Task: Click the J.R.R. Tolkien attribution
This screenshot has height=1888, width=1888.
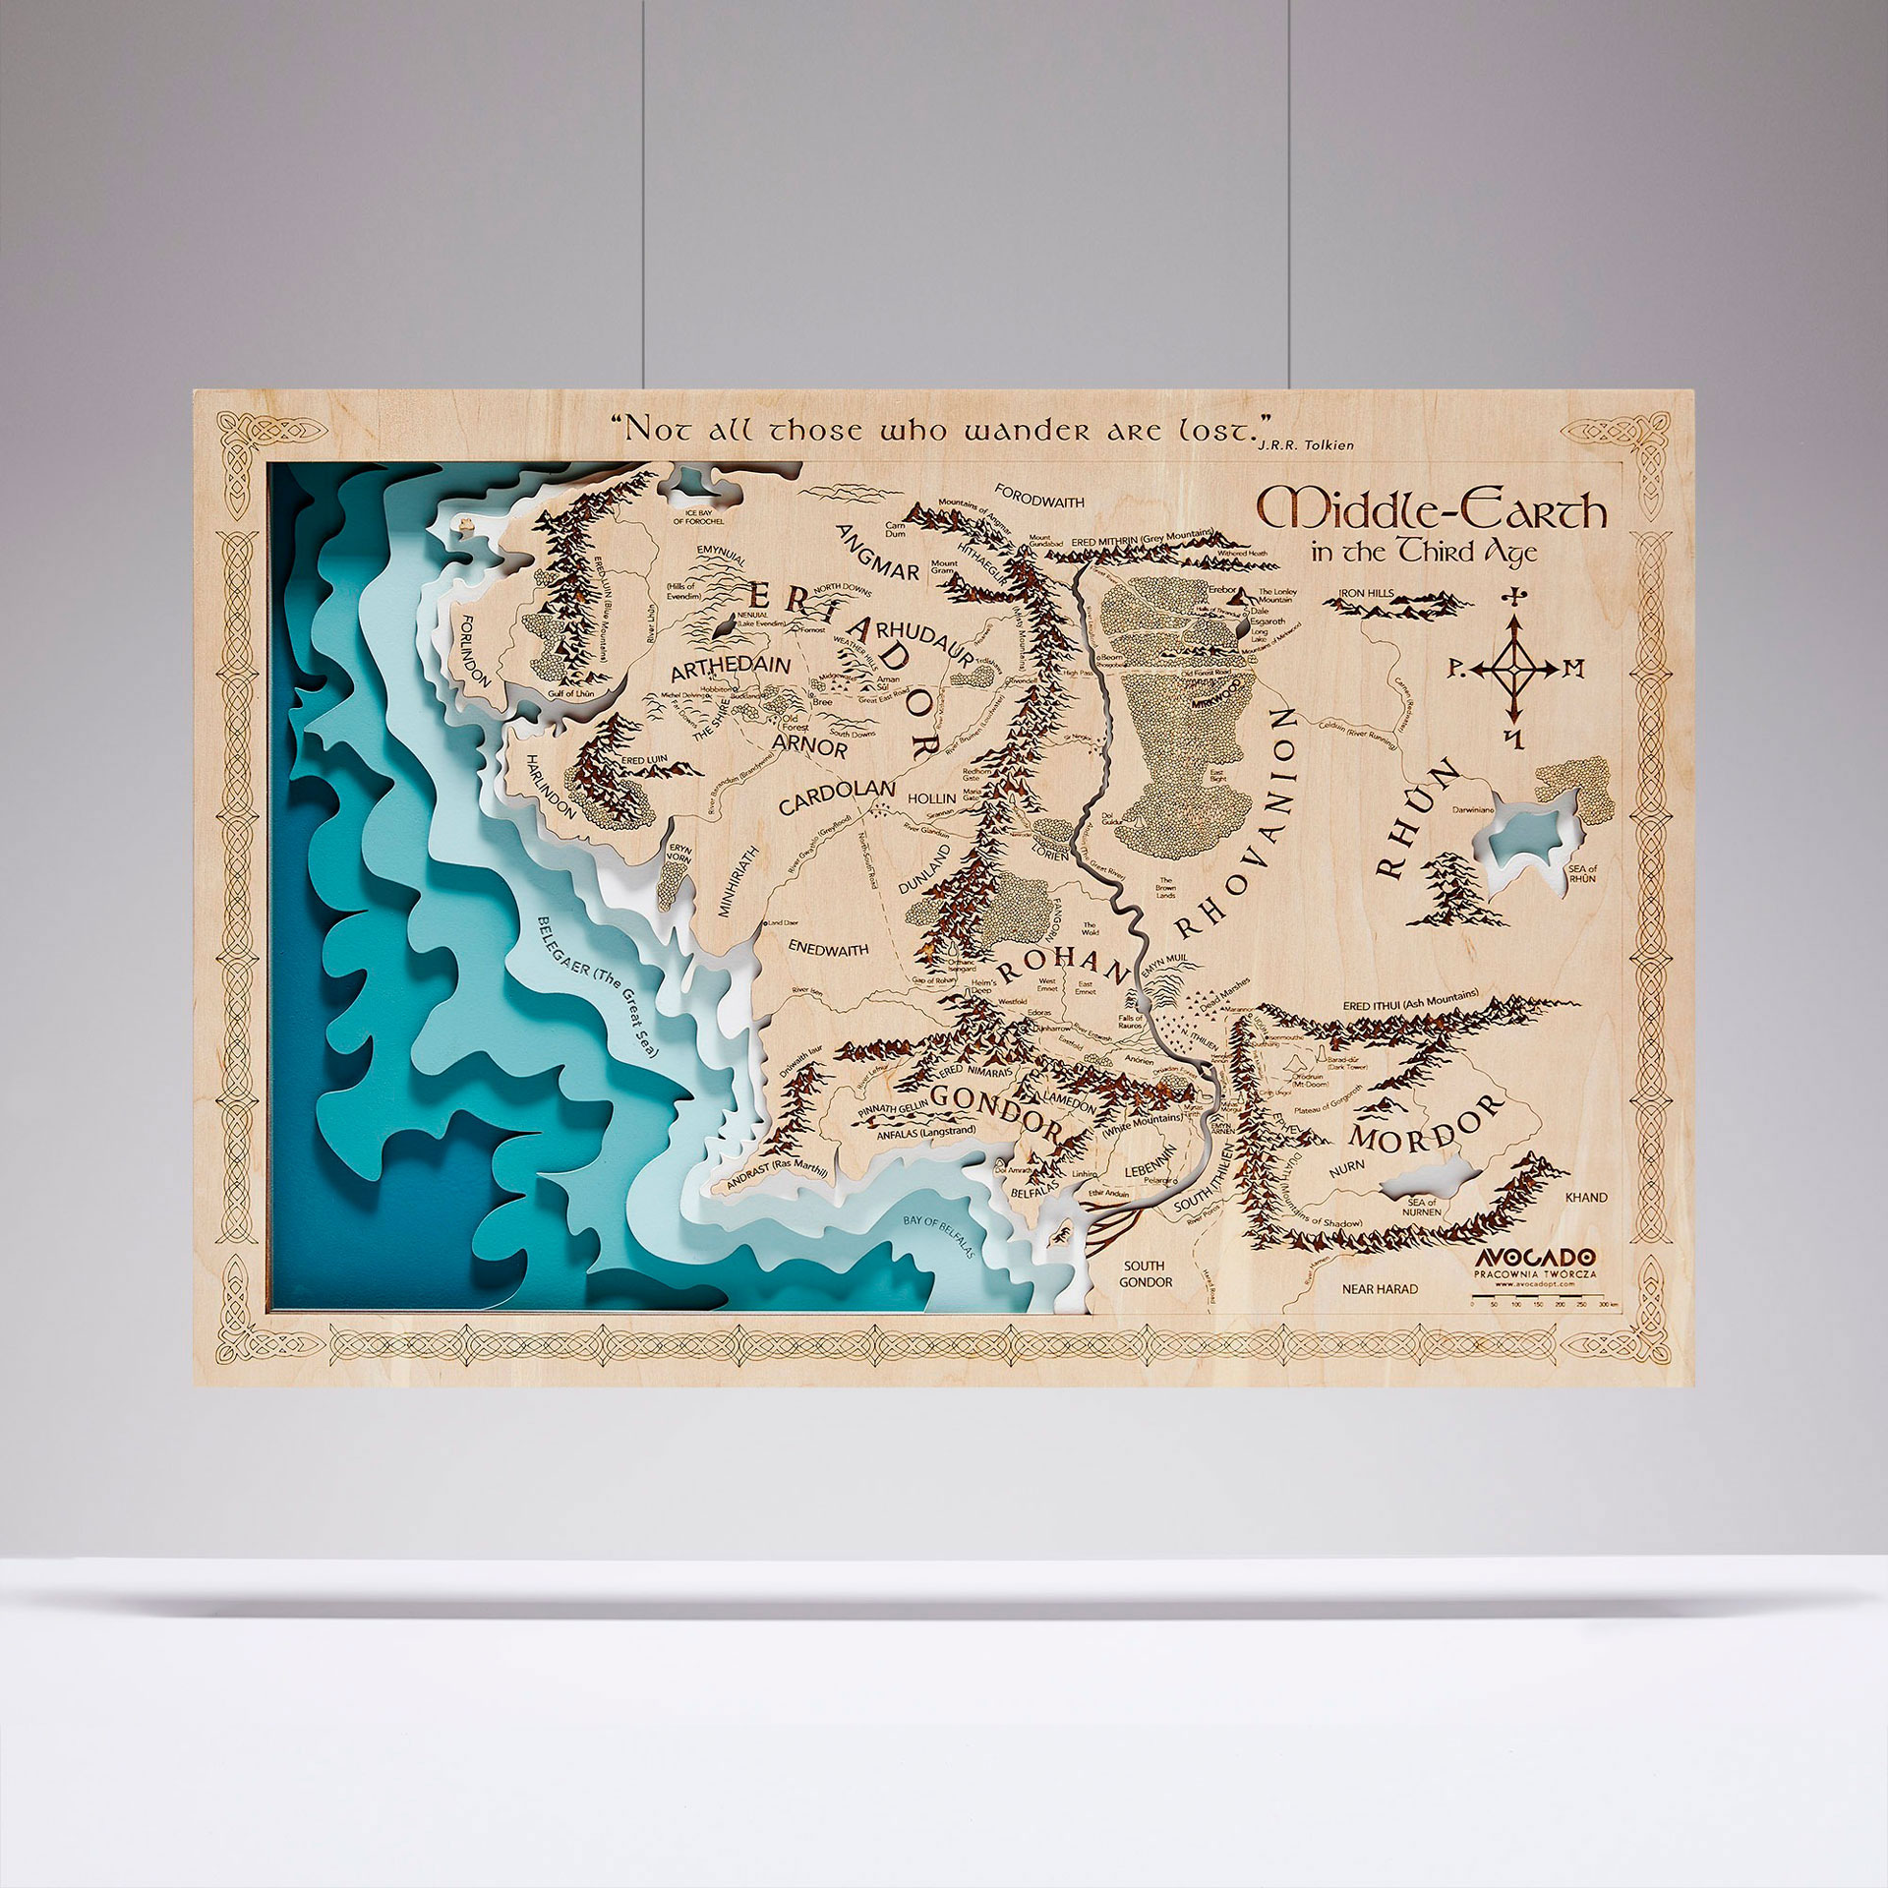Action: point(1305,444)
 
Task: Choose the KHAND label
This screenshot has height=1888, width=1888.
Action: point(1584,1197)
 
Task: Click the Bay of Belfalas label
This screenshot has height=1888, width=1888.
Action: point(938,1236)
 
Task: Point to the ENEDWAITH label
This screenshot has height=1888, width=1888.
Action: point(829,949)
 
